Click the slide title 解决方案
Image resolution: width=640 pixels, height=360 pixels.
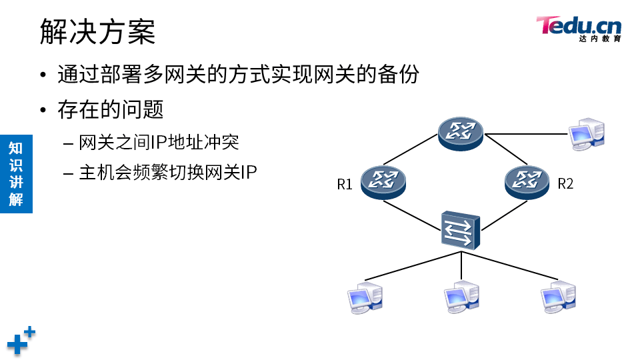coord(97,31)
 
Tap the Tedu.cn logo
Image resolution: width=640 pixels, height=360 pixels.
coord(578,29)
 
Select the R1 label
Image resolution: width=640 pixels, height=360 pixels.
coord(344,185)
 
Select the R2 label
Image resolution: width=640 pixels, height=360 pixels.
coord(565,184)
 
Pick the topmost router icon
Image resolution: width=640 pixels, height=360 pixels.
coord(461,132)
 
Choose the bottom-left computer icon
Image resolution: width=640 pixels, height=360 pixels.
coord(366,297)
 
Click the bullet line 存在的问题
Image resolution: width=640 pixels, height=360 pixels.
coord(111,110)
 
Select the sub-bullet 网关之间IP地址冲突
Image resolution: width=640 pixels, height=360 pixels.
coord(159,142)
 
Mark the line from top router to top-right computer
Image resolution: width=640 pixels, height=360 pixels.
coord(527,134)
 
